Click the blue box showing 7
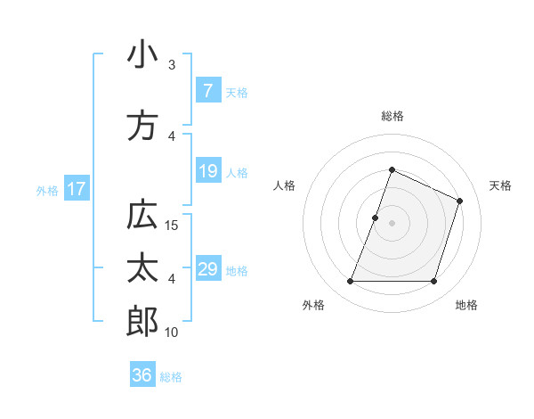tap(207, 91)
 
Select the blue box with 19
tap(207, 171)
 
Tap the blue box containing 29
tap(207, 269)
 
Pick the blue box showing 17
tap(77, 189)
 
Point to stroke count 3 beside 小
tap(172, 65)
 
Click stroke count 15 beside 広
tap(173, 225)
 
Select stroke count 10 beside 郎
tap(173, 333)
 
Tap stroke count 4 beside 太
tap(172, 279)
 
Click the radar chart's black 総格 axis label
tap(392, 116)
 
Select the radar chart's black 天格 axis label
tap(500, 185)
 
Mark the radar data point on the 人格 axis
tap(376, 218)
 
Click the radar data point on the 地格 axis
tap(433, 282)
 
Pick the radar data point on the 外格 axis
tap(350, 282)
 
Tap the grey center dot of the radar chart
tap(392, 223)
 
